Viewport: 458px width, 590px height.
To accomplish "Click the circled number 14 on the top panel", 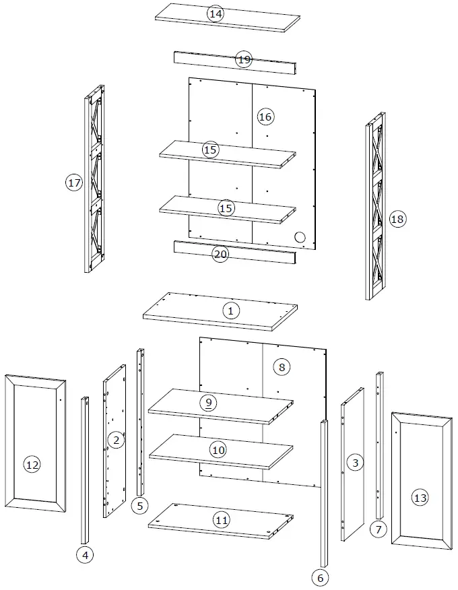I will tap(216, 14).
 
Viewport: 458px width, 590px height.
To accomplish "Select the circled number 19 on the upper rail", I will tap(244, 60).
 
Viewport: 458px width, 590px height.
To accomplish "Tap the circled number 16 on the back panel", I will tap(265, 117).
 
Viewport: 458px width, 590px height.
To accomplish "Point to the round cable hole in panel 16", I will tap(300, 237).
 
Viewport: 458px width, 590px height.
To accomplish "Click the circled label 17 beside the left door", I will tap(74, 182).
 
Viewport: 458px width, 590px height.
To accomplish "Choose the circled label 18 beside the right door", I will tap(397, 219).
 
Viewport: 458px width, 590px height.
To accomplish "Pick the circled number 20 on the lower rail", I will tap(220, 255).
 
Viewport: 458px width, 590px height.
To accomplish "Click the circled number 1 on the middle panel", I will tap(230, 310).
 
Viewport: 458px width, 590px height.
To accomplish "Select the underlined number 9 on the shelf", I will tap(209, 402).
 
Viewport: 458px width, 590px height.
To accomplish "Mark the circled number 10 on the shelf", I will tap(218, 449).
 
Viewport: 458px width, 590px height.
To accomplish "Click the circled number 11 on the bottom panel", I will tap(222, 519).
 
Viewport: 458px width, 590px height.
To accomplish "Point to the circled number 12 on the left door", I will tap(32, 464).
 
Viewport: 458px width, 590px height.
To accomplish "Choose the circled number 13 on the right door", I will tap(420, 498).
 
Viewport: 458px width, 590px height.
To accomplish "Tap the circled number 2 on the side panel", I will tap(116, 440).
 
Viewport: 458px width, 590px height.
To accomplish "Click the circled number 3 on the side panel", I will tap(355, 462).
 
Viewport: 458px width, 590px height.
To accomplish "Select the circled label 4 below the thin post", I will tap(84, 555).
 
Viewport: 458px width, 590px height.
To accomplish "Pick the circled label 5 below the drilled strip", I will tap(139, 506).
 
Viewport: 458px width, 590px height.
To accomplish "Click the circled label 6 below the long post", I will tap(320, 577).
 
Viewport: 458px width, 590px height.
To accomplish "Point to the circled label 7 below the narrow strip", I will tap(378, 529).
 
